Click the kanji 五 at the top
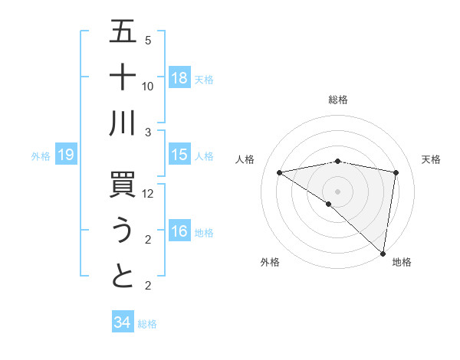(x=123, y=31)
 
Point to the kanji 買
(x=123, y=185)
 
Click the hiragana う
(x=123, y=231)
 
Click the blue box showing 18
(x=179, y=77)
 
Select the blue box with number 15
(x=179, y=155)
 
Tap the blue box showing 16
(x=179, y=231)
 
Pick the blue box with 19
(x=66, y=155)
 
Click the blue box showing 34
(x=122, y=322)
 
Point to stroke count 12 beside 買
(x=149, y=194)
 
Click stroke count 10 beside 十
(x=149, y=86)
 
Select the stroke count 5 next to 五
(x=148, y=41)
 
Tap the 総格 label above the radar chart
(x=338, y=100)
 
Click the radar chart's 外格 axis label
(x=270, y=262)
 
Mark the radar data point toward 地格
(x=383, y=253)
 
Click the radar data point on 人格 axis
(x=280, y=172)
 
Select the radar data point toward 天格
(x=396, y=172)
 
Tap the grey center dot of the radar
(x=338, y=190)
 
